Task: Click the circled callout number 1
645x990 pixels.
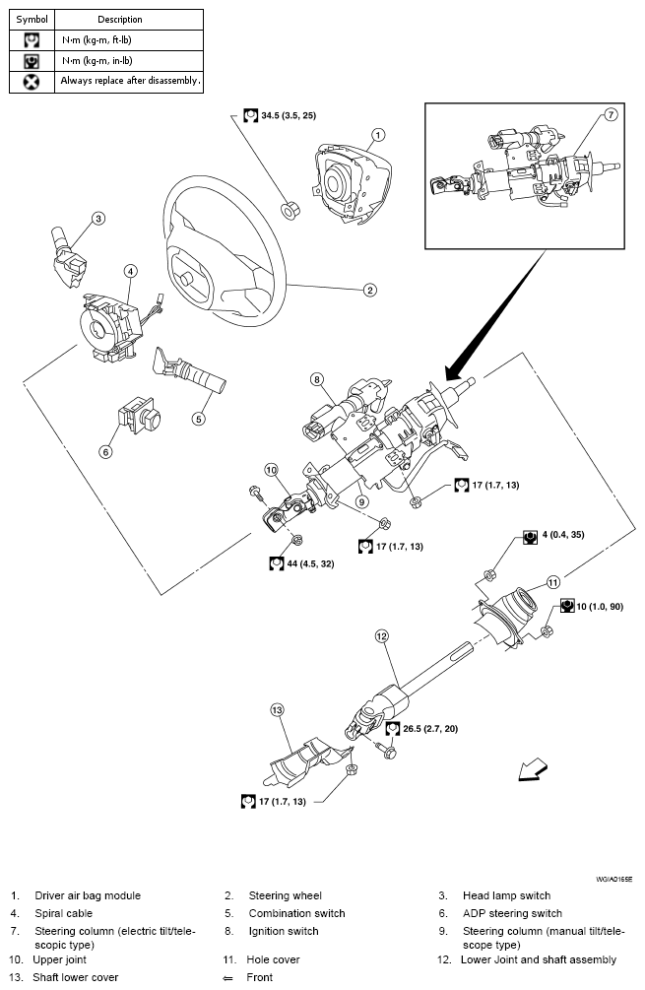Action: tap(379, 135)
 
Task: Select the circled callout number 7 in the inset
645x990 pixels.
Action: tap(610, 115)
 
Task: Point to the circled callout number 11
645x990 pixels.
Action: tap(553, 581)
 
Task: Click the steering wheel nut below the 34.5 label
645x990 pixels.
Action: tap(290, 209)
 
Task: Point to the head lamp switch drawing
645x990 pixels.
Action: tap(70, 256)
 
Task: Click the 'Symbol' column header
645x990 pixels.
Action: tap(32, 19)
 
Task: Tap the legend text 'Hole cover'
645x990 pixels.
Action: tap(274, 959)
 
